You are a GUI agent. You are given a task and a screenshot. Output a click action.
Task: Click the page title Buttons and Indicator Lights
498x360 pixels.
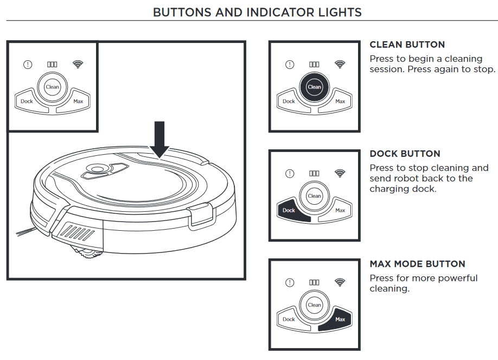(257, 12)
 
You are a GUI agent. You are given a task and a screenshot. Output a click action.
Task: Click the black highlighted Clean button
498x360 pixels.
(314, 87)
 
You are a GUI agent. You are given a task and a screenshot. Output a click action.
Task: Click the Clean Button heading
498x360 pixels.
(407, 45)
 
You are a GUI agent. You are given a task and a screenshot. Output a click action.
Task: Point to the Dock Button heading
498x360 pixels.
(405, 154)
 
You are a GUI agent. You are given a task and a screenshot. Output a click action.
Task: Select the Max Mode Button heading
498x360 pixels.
(417, 264)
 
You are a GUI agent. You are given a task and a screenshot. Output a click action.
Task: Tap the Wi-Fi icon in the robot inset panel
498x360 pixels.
(78, 64)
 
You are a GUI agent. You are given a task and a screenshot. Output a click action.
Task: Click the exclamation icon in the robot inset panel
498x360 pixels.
(28, 65)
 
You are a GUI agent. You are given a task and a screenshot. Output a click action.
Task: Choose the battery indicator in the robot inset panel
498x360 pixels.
(53, 65)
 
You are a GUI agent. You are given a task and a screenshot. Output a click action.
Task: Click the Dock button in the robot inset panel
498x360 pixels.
(27, 101)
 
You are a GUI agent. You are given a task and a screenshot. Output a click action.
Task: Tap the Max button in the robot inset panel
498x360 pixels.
(78, 101)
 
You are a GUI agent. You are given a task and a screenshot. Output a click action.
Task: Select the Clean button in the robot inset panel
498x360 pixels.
(53, 87)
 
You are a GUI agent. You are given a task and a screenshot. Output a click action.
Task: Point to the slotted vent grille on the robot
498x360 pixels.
(81, 234)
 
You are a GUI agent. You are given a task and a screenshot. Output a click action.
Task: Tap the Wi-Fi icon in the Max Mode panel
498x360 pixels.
(340, 282)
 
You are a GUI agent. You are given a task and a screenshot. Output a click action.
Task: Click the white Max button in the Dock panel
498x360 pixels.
(340, 210)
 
